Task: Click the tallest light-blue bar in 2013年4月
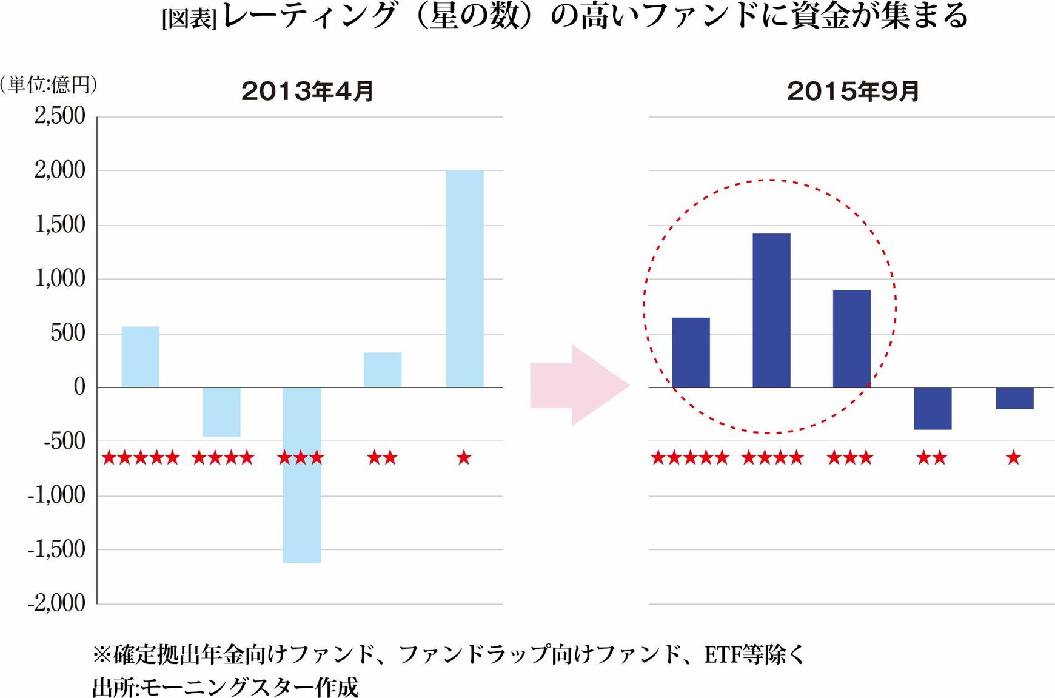tap(464, 279)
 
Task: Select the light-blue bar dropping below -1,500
tap(302, 475)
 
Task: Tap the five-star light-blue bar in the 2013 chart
tap(141, 357)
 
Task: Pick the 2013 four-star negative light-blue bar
tap(221, 412)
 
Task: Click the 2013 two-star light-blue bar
tap(383, 369)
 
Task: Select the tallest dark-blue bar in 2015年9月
tap(771, 310)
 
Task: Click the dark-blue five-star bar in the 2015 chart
tap(691, 352)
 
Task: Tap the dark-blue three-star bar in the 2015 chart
tap(852, 338)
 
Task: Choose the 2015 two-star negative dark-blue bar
tap(933, 408)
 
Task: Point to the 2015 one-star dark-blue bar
tap(1014, 398)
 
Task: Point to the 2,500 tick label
tap(60, 116)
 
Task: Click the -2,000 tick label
tap(57, 603)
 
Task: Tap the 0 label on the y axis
tap(79, 387)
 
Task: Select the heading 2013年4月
tap(307, 92)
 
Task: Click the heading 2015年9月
tap(853, 92)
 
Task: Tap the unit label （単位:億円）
tap(49, 84)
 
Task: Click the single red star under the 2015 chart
tap(1014, 458)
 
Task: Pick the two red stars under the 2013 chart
tap(382, 458)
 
